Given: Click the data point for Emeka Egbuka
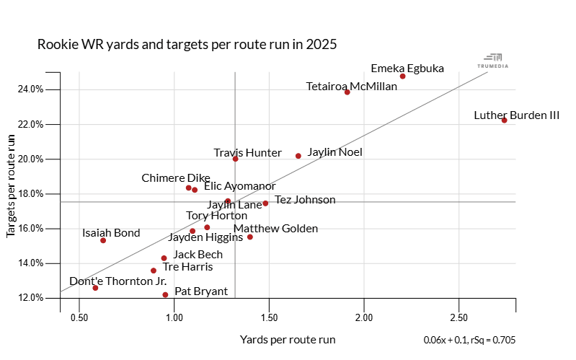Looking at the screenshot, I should [x=402, y=76].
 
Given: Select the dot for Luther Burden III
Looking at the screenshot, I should [x=505, y=120].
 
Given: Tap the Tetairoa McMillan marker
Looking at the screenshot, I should [x=347, y=92].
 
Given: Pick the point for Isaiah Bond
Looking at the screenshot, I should [x=103, y=240].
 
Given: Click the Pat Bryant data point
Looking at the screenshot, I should [x=165, y=295].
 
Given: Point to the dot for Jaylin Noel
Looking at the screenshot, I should [x=298, y=156].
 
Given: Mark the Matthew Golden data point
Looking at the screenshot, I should [x=250, y=237].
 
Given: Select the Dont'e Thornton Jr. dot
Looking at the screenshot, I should [x=95, y=288].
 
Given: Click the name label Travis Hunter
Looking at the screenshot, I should [x=247, y=153].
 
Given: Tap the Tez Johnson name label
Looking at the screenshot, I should [x=305, y=200].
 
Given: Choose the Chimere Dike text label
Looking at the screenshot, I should [x=176, y=178].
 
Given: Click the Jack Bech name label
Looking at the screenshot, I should [x=198, y=255].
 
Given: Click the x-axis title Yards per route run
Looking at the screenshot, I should [x=288, y=339].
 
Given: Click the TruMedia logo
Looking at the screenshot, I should [x=492, y=61].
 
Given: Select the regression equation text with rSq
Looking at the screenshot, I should [x=469, y=340].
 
